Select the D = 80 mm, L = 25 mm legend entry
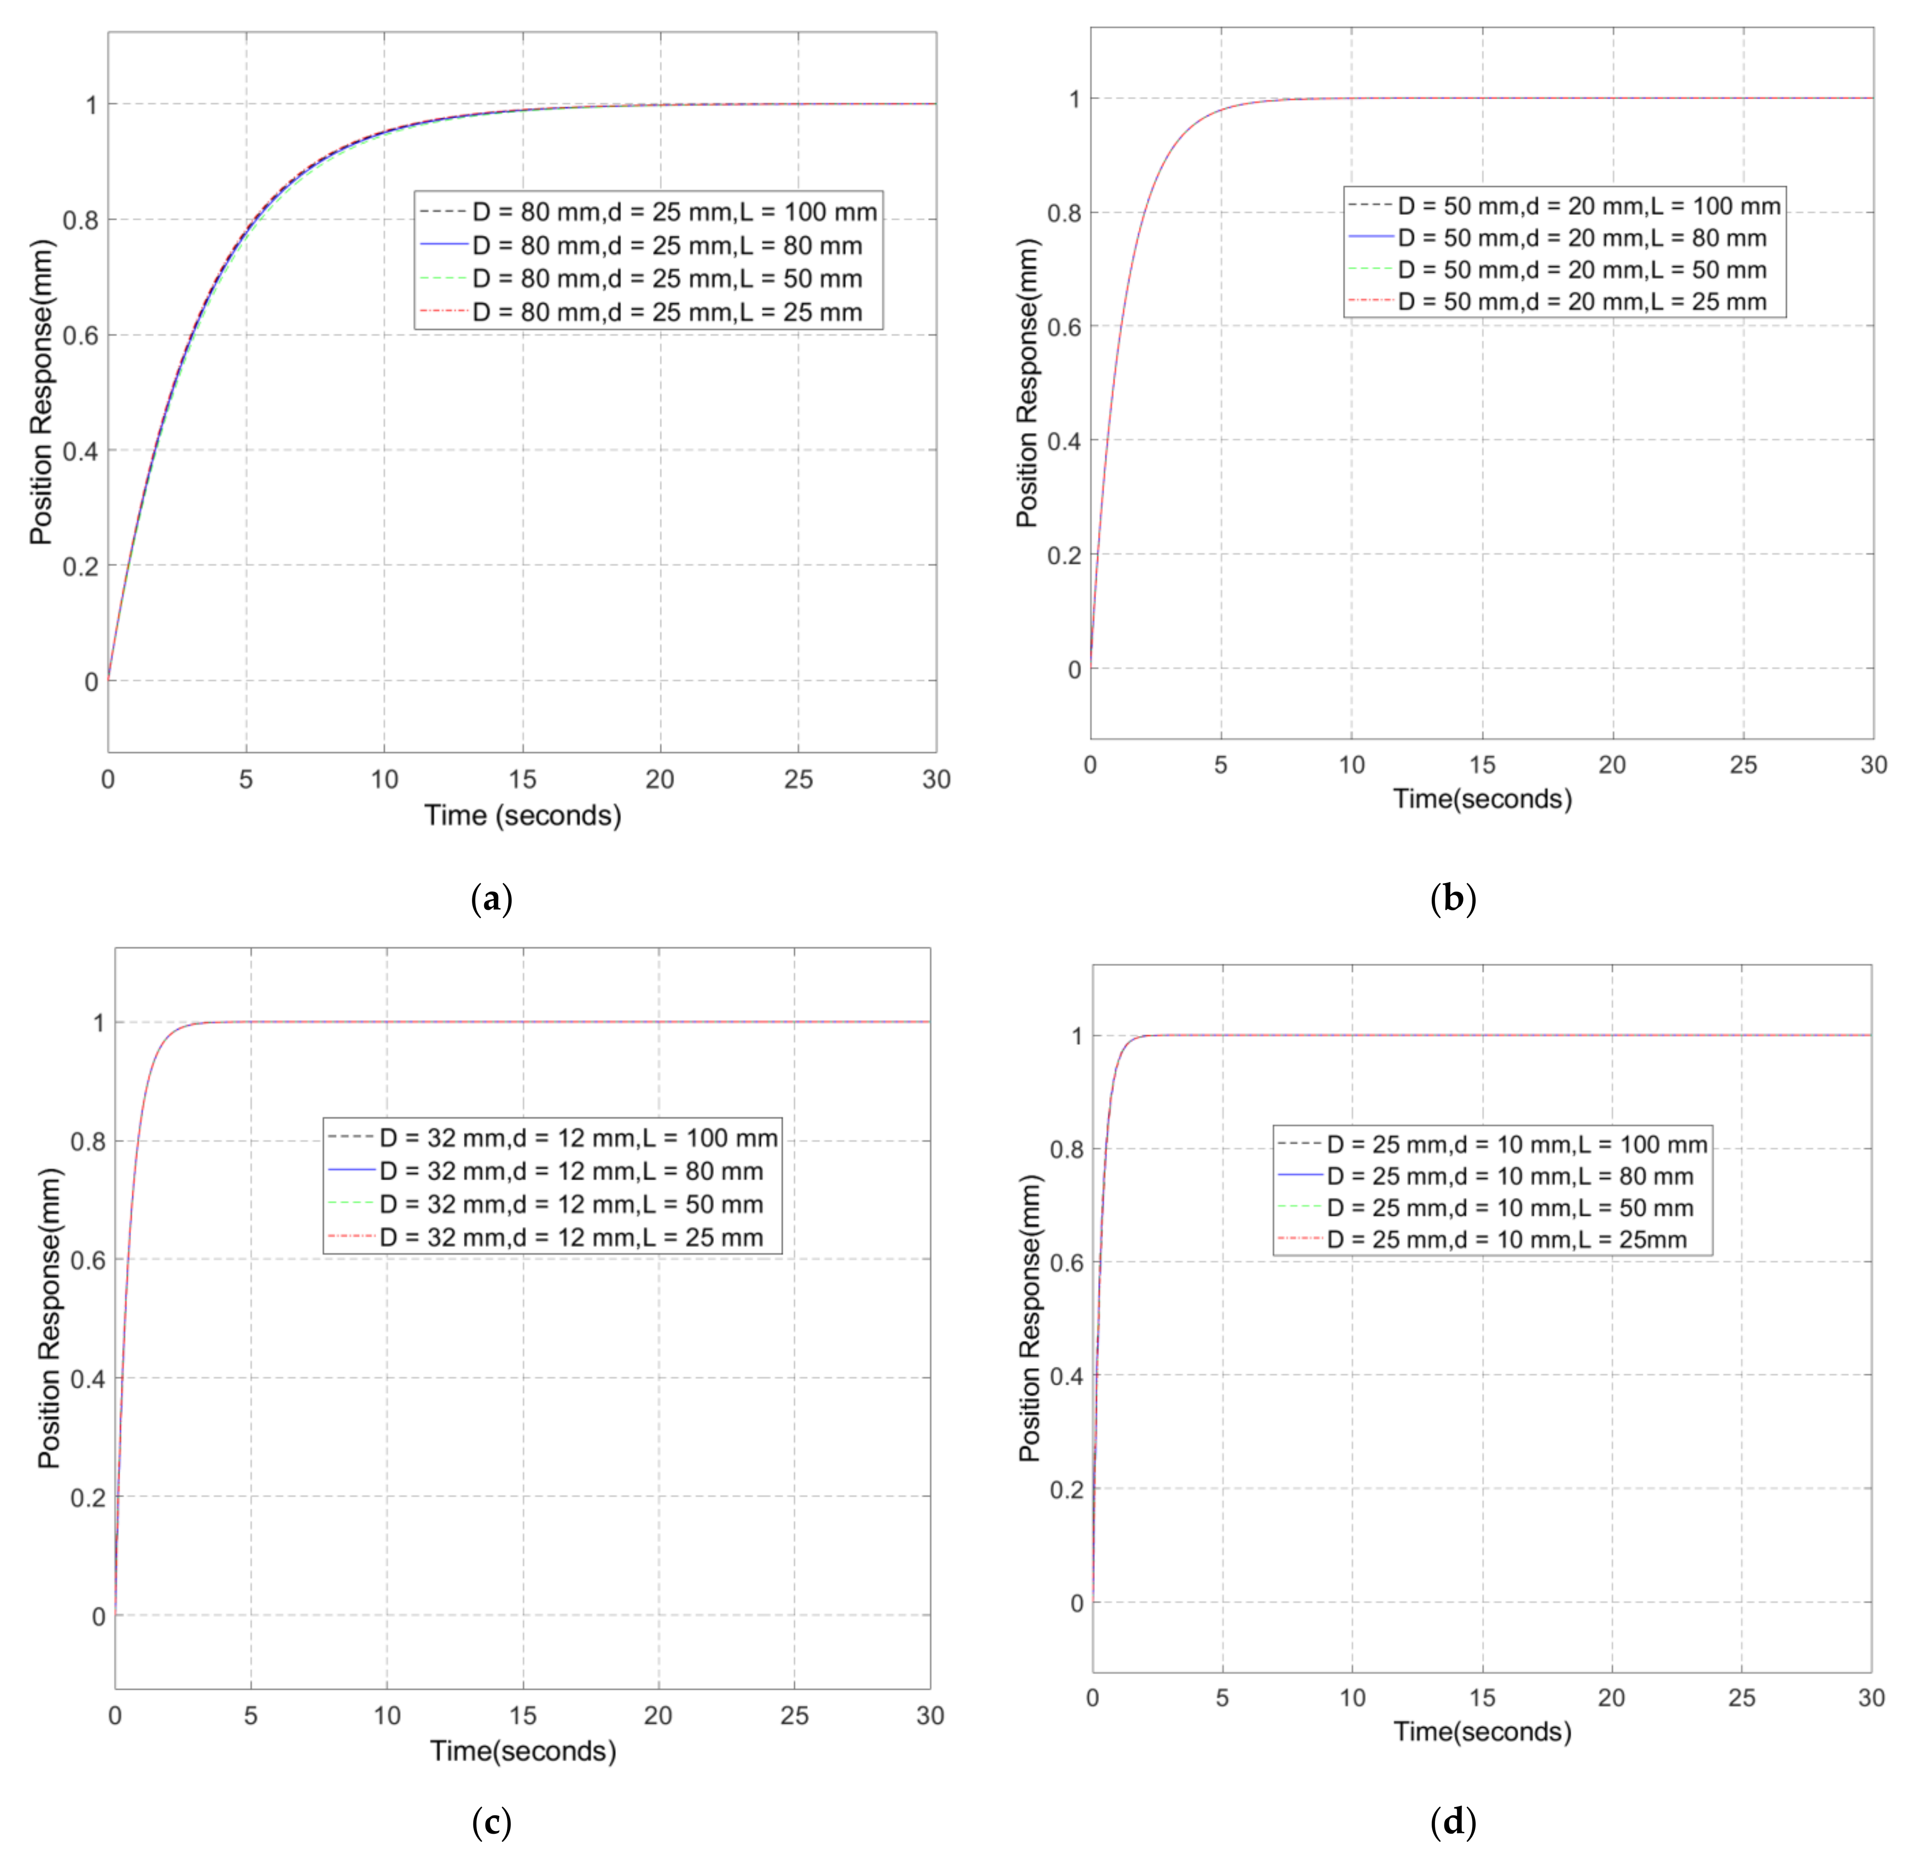click(666, 312)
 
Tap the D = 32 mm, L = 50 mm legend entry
click(570, 1204)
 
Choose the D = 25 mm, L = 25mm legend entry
click(1506, 1239)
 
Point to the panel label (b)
click(1453, 898)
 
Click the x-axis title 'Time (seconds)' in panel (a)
click(522, 815)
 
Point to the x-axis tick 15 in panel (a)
click(522, 780)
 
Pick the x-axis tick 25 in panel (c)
click(794, 1715)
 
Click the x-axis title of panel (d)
click(1482, 1732)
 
